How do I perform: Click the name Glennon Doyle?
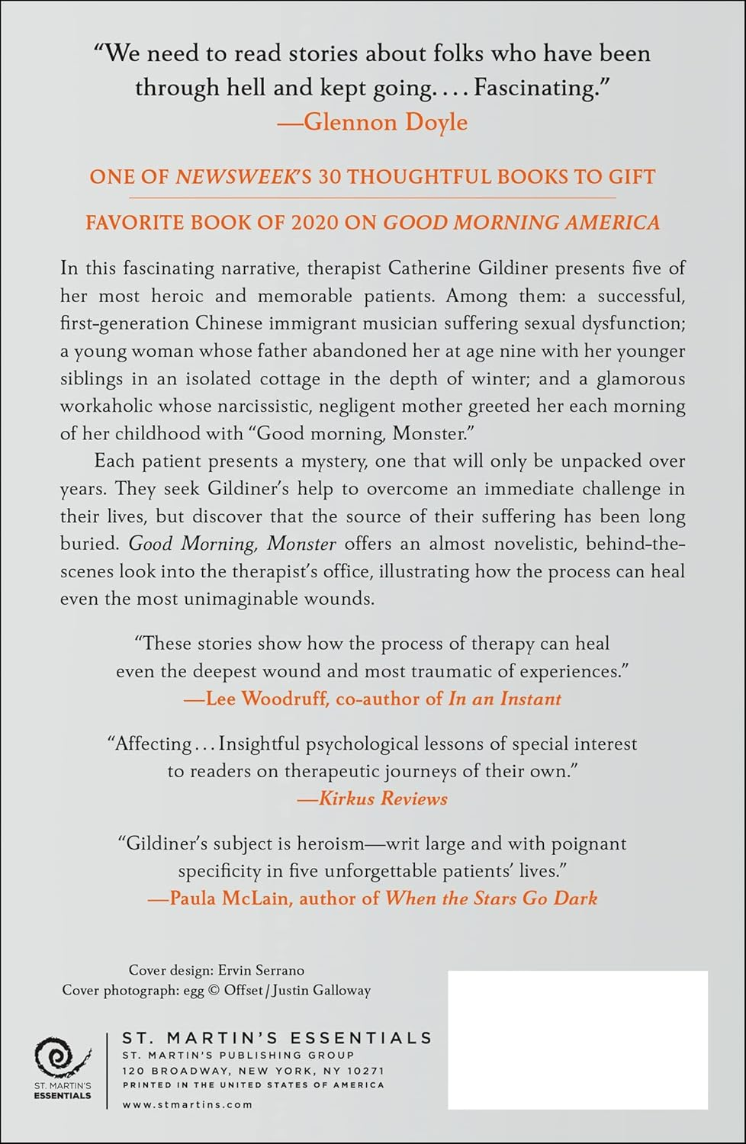click(385, 122)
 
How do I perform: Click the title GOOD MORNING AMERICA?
click(521, 223)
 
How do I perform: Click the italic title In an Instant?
click(504, 699)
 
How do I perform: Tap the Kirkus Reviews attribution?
click(383, 799)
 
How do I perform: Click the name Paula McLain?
click(230, 898)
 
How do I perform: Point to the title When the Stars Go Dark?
click(490, 898)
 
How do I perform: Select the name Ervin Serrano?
click(261, 970)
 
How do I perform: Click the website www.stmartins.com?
click(187, 1104)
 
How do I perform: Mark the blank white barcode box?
click(577, 1040)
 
